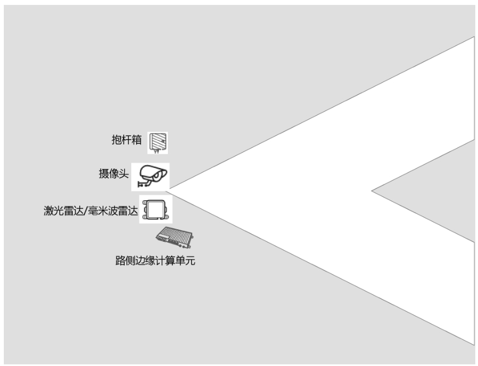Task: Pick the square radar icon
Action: (x=155, y=210)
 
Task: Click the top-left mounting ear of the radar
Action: (x=145, y=203)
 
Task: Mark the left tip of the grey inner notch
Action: (x=373, y=191)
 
